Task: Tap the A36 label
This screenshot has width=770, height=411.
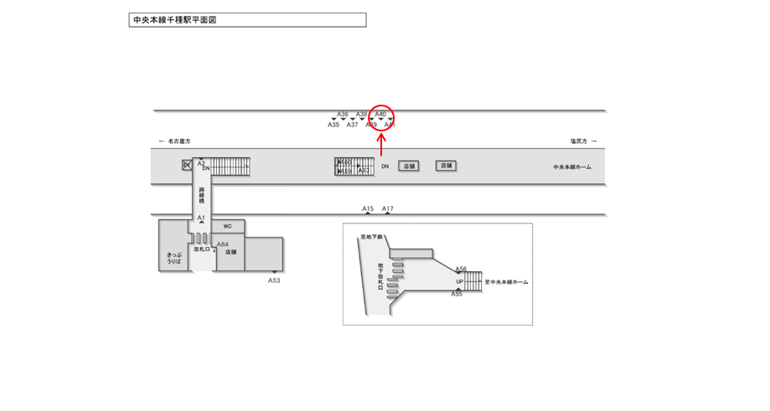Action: [343, 114]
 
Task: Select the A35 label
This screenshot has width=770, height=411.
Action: [333, 125]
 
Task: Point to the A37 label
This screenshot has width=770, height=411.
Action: [352, 125]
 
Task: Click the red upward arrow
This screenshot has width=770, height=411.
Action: [381, 145]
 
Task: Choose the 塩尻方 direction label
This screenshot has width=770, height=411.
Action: [579, 141]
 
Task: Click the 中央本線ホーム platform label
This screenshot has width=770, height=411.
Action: [572, 167]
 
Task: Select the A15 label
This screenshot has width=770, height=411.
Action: [368, 208]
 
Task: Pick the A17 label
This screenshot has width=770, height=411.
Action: [388, 208]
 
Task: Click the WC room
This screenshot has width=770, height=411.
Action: [227, 226]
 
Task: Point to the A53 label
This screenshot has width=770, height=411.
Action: [274, 280]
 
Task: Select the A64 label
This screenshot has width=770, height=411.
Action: [223, 244]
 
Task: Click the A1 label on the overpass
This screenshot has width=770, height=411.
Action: [201, 218]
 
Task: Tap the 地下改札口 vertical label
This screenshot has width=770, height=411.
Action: [380, 280]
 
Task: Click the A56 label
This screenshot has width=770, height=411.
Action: [461, 270]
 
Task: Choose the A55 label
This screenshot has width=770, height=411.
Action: [457, 294]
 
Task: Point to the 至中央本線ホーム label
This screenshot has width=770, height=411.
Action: [506, 282]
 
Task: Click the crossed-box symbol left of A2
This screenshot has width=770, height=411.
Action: [187, 165]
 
